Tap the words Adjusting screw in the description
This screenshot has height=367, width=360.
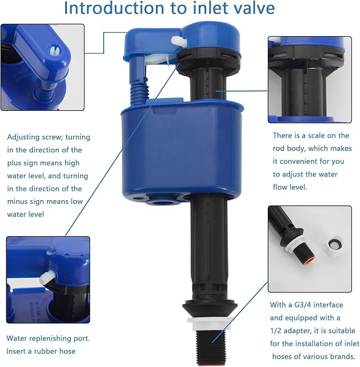coord(36,137)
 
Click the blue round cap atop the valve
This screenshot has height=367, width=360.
coord(210,38)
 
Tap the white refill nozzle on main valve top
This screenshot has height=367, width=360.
coord(178,40)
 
